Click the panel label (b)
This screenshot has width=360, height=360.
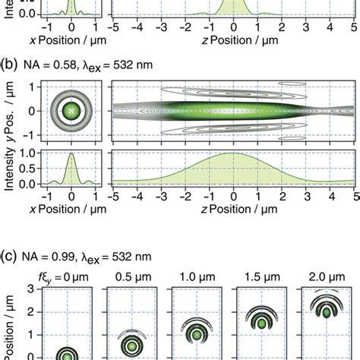[x=10, y=64]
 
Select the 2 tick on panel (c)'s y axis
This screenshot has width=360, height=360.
[x=33, y=312]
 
